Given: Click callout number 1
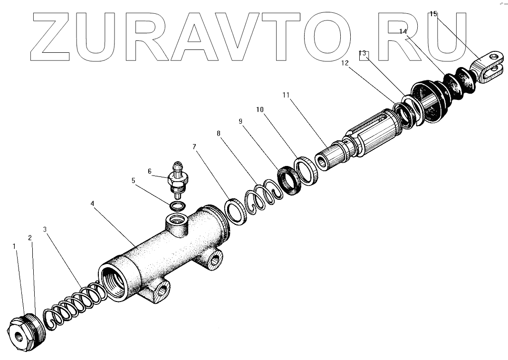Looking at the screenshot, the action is [x=14, y=246].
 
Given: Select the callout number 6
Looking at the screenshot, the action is [x=149, y=171].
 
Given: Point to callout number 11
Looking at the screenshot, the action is [x=285, y=95].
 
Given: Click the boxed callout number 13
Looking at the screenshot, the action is [x=363, y=54].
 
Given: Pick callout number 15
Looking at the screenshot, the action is [x=433, y=14].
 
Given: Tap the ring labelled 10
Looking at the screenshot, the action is [x=307, y=170].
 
